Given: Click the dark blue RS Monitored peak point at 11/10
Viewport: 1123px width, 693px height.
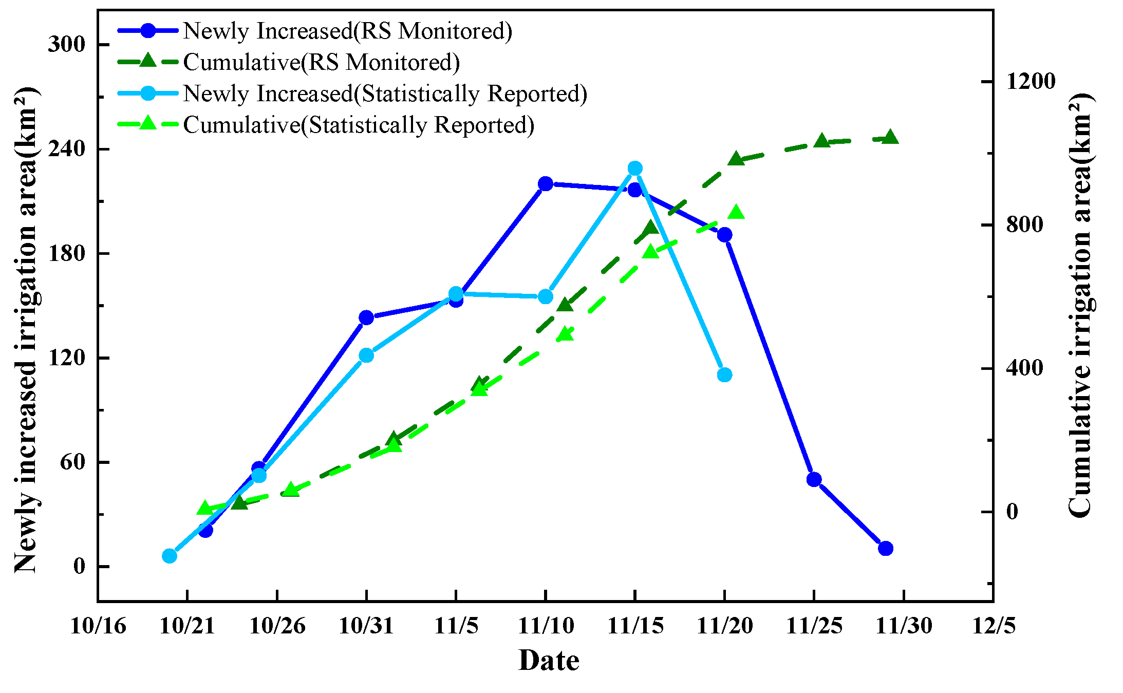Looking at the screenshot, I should click(546, 184).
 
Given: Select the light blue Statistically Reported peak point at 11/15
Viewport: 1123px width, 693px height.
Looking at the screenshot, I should click(635, 168).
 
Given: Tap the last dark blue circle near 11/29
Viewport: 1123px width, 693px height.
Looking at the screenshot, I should click(885, 548).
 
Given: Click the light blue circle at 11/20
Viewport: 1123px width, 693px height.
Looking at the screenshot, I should click(724, 374).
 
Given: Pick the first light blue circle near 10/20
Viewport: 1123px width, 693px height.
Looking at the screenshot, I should click(170, 556).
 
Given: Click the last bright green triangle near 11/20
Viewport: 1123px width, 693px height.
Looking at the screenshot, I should click(736, 213).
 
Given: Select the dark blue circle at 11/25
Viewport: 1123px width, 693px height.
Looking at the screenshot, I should click(814, 479).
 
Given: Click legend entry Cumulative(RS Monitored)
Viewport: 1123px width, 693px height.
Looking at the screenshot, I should click(321, 62).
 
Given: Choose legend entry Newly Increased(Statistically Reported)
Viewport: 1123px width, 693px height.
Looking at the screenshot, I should click(385, 93).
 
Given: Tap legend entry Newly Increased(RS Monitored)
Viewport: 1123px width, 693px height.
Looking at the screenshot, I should click(347, 31).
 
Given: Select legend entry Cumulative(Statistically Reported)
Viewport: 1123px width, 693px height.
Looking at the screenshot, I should click(359, 125).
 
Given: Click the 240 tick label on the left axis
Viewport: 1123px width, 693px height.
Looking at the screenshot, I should click(66, 149).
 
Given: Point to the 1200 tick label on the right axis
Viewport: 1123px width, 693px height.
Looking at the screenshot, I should click(1031, 81).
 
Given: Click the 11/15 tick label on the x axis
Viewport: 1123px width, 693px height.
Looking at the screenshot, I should click(635, 626).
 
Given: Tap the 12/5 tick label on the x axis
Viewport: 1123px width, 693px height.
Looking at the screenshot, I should click(993, 626).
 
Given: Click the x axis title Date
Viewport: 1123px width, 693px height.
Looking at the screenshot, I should click(549, 660).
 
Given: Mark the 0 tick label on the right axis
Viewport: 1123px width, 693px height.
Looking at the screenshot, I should click(1012, 512).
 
